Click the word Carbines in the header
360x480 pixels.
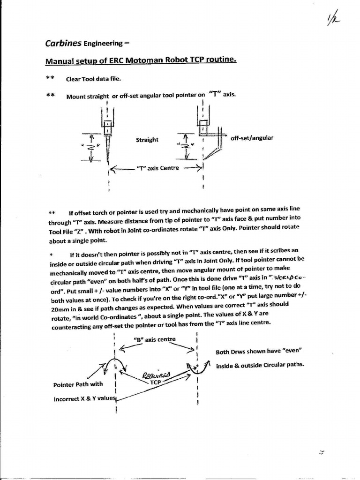63,44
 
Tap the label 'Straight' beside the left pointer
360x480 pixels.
147,140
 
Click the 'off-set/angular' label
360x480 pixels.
252,138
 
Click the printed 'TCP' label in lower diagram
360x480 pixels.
155,382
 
